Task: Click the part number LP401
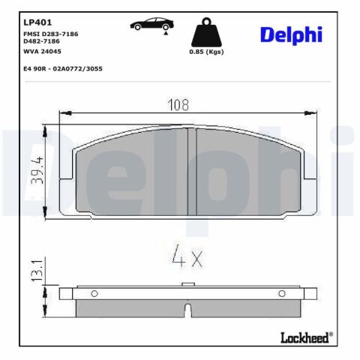pyautogui.click(x=37, y=22)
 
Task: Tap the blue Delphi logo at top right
pyautogui.click(x=291, y=35)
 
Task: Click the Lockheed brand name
pyautogui.click(x=305, y=338)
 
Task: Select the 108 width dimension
pyautogui.click(x=178, y=105)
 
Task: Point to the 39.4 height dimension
pyautogui.click(x=37, y=171)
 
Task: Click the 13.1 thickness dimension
pyautogui.click(x=37, y=270)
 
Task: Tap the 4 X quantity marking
pyautogui.click(x=187, y=256)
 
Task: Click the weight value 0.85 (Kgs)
pyautogui.click(x=206, y=52)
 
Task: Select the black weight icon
pyautogui.click(x=206, y=32)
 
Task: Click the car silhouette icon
pyautogui.click(x=152, y=24)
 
